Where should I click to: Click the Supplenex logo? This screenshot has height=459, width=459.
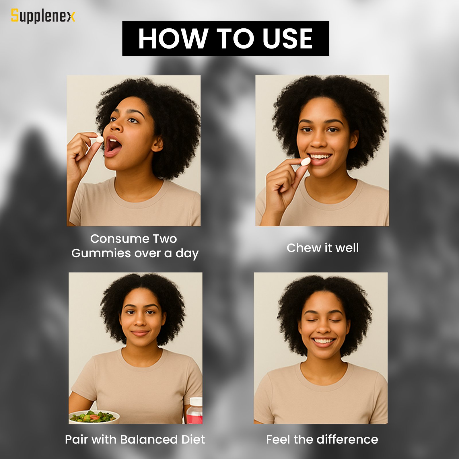tap(43, 16)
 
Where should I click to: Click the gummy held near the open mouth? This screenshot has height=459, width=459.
tap(100, 139)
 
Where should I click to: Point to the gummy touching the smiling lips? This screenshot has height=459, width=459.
tap(306, 162)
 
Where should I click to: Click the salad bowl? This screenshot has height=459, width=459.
tap(94, 417)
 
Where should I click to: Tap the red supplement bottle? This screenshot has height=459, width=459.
tap(195, 411)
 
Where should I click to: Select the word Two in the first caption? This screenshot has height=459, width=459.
tap(165, 239)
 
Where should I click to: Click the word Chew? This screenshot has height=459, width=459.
tap(304, 248)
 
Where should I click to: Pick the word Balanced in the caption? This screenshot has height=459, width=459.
tap(149, 439)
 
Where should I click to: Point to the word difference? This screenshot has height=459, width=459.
tap(347, 439)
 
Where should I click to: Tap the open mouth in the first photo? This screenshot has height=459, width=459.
tap(113, 146)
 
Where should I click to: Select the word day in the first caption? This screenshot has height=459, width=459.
tap(187, 254)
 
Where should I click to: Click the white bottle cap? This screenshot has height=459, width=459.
tap(196, 401)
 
